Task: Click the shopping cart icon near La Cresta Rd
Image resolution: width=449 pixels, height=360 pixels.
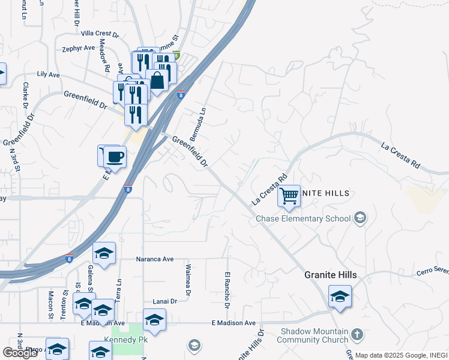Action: [289, 196]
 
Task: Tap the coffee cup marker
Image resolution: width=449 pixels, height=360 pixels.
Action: [114, 158]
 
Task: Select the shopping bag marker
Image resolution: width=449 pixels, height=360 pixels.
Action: [157, 80]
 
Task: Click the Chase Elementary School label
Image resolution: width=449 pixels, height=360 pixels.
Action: [303, 218]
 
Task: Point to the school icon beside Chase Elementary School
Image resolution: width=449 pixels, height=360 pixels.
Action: [360, 218]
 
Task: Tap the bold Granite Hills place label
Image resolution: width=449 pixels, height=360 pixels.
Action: [330, 275]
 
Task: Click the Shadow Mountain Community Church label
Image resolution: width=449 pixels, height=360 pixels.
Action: [314, 336]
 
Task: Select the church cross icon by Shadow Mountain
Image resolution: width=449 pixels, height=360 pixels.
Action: [357, 334]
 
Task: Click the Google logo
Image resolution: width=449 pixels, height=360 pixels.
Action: [20, 352]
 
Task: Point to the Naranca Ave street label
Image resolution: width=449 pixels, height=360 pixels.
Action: [155, 259]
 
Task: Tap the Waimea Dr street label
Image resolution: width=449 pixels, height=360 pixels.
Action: [188, 281]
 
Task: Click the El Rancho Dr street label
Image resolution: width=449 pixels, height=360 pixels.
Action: [228, 290]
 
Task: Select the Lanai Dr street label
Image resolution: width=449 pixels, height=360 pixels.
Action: [165, 301]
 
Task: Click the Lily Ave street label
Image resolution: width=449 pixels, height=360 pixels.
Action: [49, 74]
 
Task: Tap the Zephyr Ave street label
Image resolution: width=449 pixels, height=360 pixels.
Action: [79, 48]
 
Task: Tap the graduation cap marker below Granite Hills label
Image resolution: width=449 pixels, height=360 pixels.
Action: [340, 297]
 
